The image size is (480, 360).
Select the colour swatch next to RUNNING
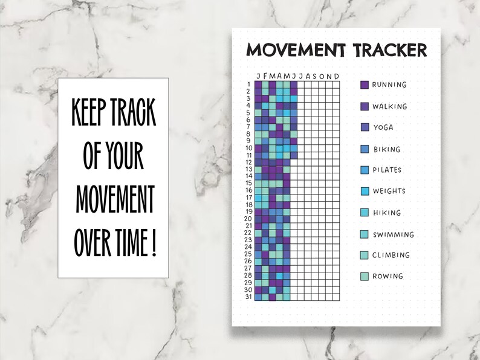364,85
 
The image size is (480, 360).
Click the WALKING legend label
389,106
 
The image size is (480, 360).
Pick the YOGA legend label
383,127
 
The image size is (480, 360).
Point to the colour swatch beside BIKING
364,149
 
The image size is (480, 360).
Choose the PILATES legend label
387,170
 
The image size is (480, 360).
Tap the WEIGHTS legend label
389,191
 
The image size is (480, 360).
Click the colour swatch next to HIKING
364,213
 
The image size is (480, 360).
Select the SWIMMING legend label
393,234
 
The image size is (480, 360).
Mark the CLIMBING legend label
391,255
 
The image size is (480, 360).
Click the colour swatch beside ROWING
364,277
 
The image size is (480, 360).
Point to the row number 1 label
249,85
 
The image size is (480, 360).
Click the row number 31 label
248,297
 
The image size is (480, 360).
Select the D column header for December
337,76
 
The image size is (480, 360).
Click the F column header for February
265,76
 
